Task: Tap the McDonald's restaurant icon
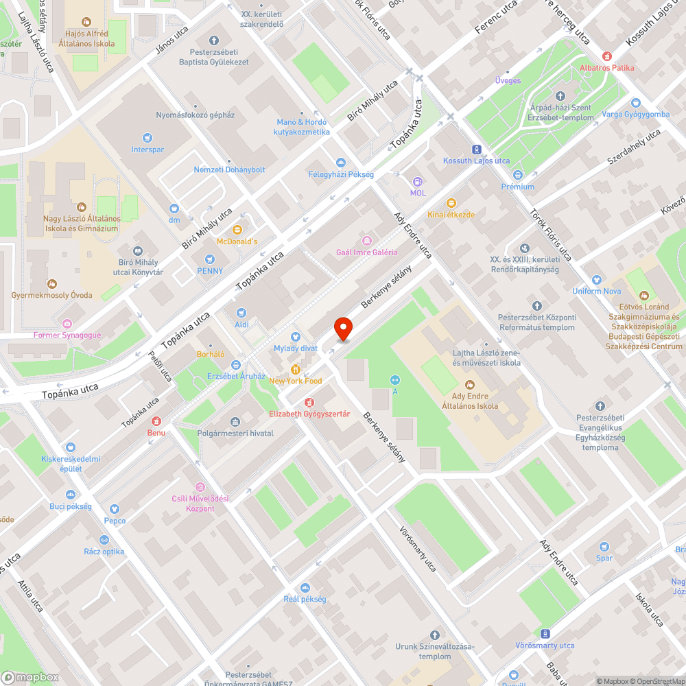tap(237, 229)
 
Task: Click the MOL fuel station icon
tap(418, 181)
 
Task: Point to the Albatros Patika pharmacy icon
tap(606, 56)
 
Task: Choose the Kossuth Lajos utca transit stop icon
tap(476, 149)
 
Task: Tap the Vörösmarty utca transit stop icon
tap(545, 634)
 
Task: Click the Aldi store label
tap(241, 323)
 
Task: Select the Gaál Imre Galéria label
tap(366, 252)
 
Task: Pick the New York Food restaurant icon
tap(296, 369)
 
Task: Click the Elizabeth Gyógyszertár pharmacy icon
tap(309, 402)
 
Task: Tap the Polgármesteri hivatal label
tap(235, 433)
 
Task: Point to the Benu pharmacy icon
tap(156, 421)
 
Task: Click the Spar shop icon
tap(604, 547)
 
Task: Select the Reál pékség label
tap(305, 599)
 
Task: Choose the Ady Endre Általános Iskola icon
tap(470, 384)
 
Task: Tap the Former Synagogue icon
tap(67, 323)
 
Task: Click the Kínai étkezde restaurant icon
tap(451, 202)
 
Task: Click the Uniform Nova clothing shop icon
tap(596, 280)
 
